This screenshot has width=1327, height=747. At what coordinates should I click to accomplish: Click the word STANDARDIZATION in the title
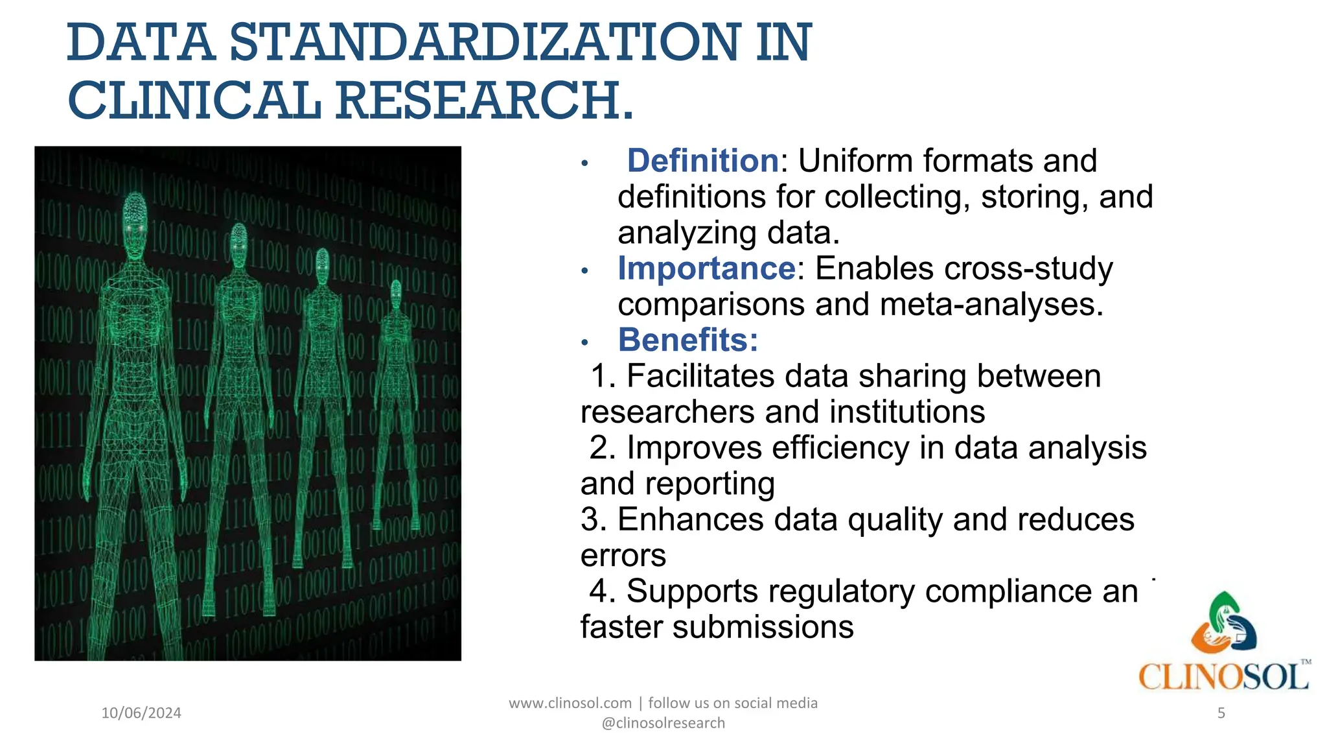tap(484, 43)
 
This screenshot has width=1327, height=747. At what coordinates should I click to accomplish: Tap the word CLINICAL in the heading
tap(194, 101)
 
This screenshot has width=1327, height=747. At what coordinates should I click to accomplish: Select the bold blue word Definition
tap(702, 161)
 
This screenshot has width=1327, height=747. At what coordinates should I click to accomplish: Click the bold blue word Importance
tap(706, 268)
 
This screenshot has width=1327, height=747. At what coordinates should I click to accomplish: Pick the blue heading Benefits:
tap(687, 340)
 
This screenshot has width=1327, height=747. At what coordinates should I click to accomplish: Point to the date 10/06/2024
tap(141, 713)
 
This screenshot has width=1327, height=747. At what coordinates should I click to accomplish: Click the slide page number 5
tap(1221, 713)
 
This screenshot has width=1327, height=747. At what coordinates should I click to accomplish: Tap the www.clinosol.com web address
tap(570, 703)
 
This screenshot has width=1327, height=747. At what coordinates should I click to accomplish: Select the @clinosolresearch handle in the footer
tap(663, 723)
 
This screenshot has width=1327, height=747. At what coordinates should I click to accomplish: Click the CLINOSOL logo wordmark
tap(1223, 677)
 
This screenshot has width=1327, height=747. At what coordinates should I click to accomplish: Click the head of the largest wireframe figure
tap(135, 214)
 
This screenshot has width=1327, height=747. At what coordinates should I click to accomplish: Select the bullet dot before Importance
tap(584, 270)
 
